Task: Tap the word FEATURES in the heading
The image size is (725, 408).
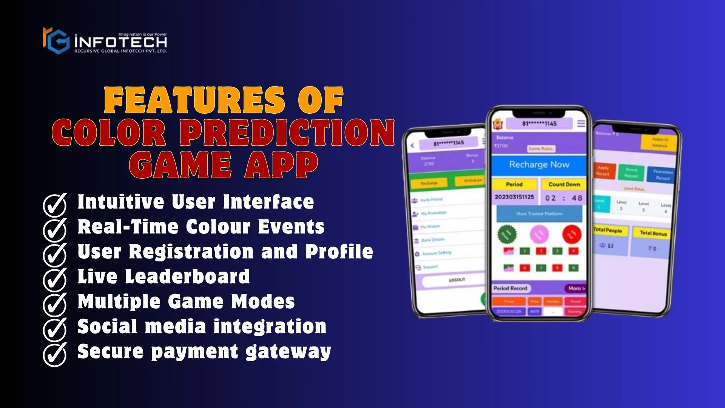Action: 194,100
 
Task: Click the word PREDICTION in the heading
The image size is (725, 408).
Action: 287,132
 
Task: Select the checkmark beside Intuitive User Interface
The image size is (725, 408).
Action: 55,204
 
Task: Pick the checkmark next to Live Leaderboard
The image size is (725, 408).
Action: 55,279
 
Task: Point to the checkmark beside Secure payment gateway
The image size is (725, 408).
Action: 55,354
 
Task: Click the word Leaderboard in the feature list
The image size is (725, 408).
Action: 187,277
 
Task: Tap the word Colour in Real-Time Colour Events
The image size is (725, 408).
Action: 218,227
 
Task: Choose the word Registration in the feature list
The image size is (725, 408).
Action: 191,252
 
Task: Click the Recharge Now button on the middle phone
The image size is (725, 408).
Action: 539,165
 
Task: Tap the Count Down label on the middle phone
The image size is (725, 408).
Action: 564,184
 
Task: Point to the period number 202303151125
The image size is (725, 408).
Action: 514,197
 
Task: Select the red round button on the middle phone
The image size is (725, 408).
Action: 572,234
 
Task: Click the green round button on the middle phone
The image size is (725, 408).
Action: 507,234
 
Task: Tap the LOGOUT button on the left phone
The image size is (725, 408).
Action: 457,280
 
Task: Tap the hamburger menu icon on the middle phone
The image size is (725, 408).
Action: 581,124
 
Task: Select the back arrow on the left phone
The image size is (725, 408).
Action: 412,145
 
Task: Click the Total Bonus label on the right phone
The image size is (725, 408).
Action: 653,233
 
